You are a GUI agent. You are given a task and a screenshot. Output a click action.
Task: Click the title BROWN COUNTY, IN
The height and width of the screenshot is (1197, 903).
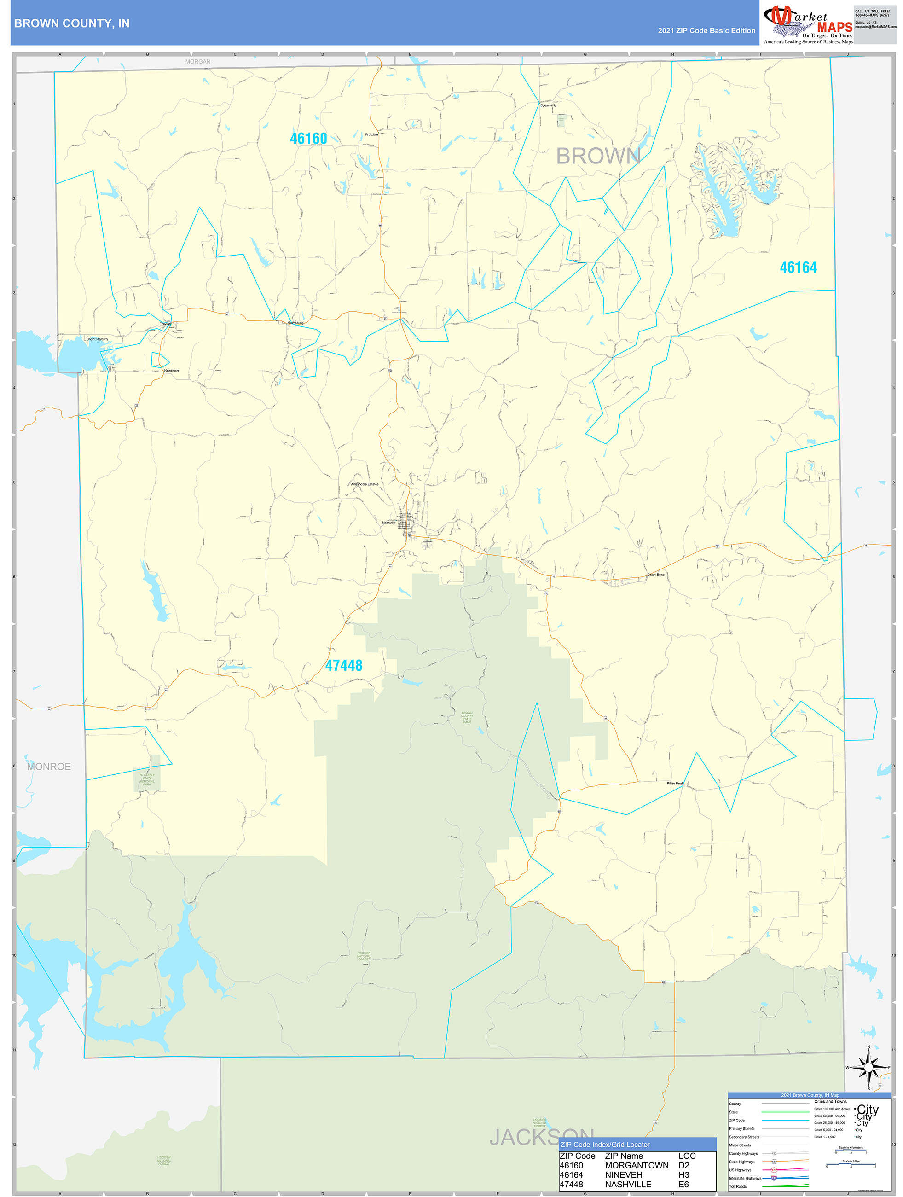click(x=71, y=23)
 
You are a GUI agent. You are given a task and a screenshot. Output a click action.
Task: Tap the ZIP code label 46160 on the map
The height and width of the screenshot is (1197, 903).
click(x=308, y=139)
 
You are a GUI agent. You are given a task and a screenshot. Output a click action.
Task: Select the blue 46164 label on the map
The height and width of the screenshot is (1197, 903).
click(x=798, y=267)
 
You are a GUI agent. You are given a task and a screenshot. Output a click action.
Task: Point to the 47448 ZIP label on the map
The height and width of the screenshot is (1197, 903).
click(x=343, y=666)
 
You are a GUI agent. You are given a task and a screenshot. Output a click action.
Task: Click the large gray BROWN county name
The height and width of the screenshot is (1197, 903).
click(x=598, y=157)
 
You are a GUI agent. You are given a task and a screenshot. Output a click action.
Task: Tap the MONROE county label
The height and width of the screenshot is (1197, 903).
click(x=49, y=766)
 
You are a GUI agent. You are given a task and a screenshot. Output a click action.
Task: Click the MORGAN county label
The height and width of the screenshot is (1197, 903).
click(x=197, y=62)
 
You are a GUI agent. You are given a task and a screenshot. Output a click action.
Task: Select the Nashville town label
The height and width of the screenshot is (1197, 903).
click(x=388, y=523)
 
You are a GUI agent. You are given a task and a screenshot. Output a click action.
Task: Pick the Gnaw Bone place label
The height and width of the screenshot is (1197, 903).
click(x=656, y=575)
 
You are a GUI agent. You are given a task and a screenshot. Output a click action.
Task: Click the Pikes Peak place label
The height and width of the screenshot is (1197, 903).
click(x=675, y=784)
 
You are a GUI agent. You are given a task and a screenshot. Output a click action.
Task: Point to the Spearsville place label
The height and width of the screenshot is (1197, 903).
click(x=548, y=105)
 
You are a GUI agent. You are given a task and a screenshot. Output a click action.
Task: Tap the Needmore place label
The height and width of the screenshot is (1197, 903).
click(x=172, y=371)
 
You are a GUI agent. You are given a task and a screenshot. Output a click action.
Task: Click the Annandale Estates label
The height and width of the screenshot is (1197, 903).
click(x=365, y=484)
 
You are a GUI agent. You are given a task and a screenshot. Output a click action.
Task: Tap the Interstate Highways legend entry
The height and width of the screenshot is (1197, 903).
click(x=745, y=1178)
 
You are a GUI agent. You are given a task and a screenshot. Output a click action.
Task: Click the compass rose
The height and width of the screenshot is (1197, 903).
click(x=868, y=1068)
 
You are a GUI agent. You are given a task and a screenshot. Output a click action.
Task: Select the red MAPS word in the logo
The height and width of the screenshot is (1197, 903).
click(x=834, y=27)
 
